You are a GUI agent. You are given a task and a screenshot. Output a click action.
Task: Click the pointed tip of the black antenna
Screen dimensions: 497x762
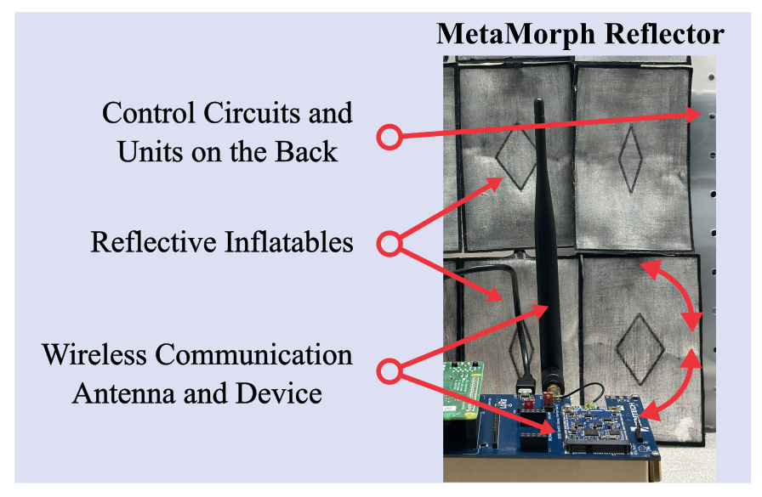click(x=537, y=103)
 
